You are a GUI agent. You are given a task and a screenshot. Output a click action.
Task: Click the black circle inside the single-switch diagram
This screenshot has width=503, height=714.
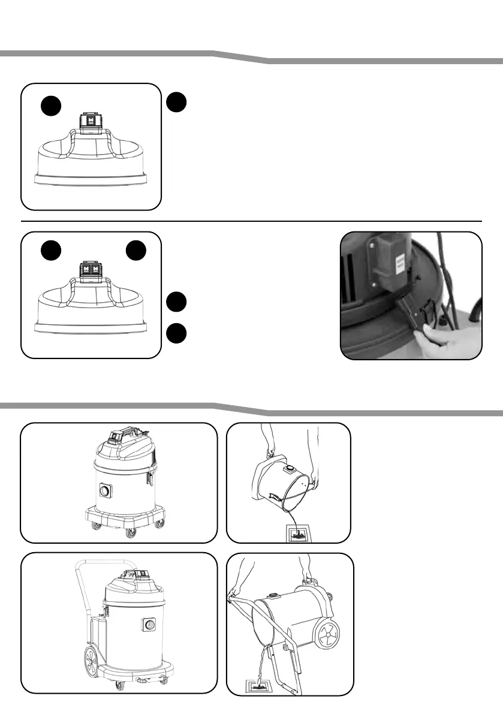click(52, 107)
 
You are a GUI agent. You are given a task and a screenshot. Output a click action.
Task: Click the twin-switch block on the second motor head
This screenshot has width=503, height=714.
click(92, 269)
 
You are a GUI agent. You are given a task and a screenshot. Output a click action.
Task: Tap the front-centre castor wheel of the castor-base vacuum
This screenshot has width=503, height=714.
click(127, 532)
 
